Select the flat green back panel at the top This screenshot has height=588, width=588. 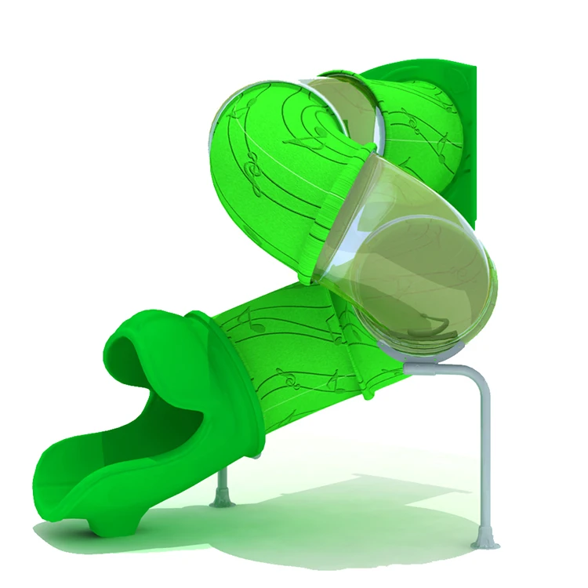pos(463,118)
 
